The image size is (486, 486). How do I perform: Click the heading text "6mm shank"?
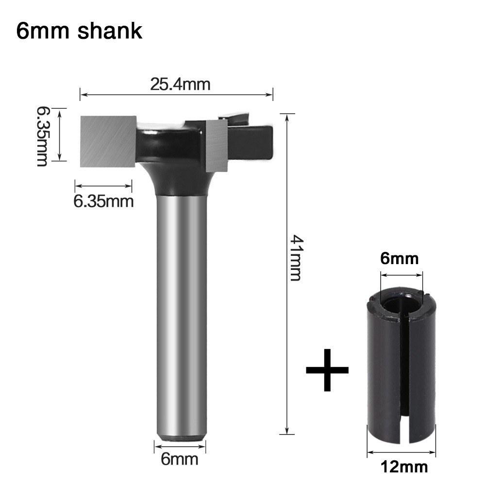pos(79,31)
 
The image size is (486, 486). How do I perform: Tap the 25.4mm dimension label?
pos(180,84)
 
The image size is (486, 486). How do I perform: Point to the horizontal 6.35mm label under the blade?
pos(103,201)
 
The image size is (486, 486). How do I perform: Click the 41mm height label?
pos(296,257)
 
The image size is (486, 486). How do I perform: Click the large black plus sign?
pos(327,369)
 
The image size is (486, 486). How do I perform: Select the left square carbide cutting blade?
pos(108,139)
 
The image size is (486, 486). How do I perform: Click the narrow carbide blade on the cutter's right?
pos(216,146)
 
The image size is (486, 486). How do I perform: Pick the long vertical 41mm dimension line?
pos(287,316)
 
